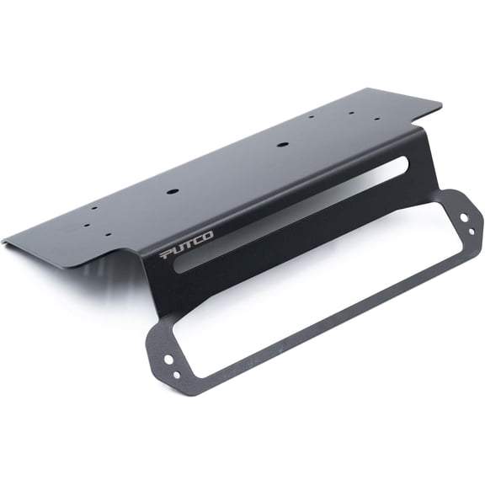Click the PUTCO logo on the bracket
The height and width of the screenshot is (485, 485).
tap(187, 245)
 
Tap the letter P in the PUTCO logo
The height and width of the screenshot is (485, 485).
tap(166, 254)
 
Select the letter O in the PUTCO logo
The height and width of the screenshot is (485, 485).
tap(207, 235)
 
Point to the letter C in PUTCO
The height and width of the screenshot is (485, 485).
tap(197, 240)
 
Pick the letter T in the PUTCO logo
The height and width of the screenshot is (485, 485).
tap(188, 243)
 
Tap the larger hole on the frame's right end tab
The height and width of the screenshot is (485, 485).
tap(464, 218)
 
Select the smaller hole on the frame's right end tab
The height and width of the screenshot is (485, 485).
tap(472, 231)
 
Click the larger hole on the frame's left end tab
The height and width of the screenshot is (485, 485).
tap(168, 359)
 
